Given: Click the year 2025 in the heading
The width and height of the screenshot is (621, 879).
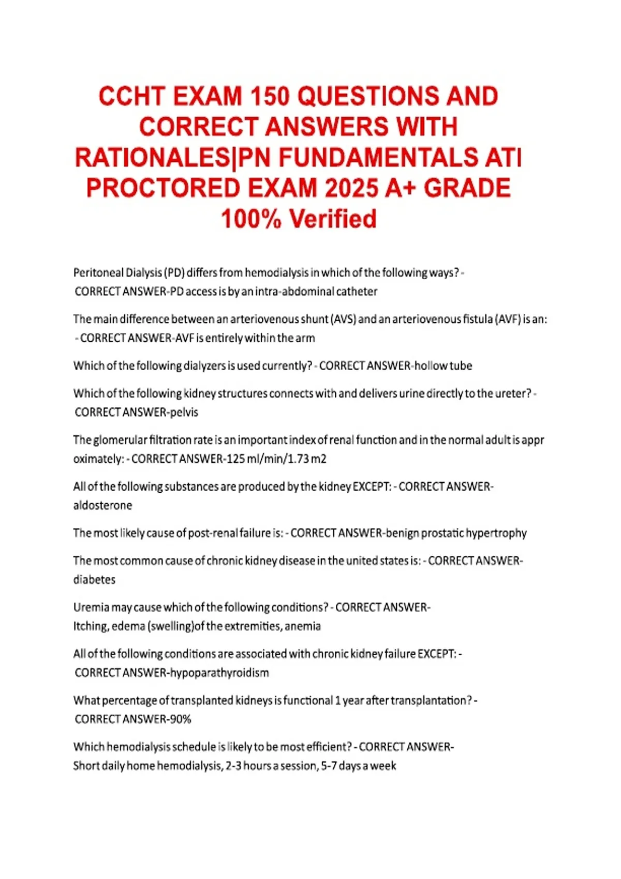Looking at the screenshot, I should tap(350, 188).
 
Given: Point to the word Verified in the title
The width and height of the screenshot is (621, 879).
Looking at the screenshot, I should tap(333, 219).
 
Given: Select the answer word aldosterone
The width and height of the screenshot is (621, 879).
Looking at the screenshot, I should tap(102, 506).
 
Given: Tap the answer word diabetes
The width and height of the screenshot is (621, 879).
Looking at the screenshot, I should tap(94, 580).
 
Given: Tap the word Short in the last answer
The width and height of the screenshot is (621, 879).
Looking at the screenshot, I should tap(86, 766).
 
